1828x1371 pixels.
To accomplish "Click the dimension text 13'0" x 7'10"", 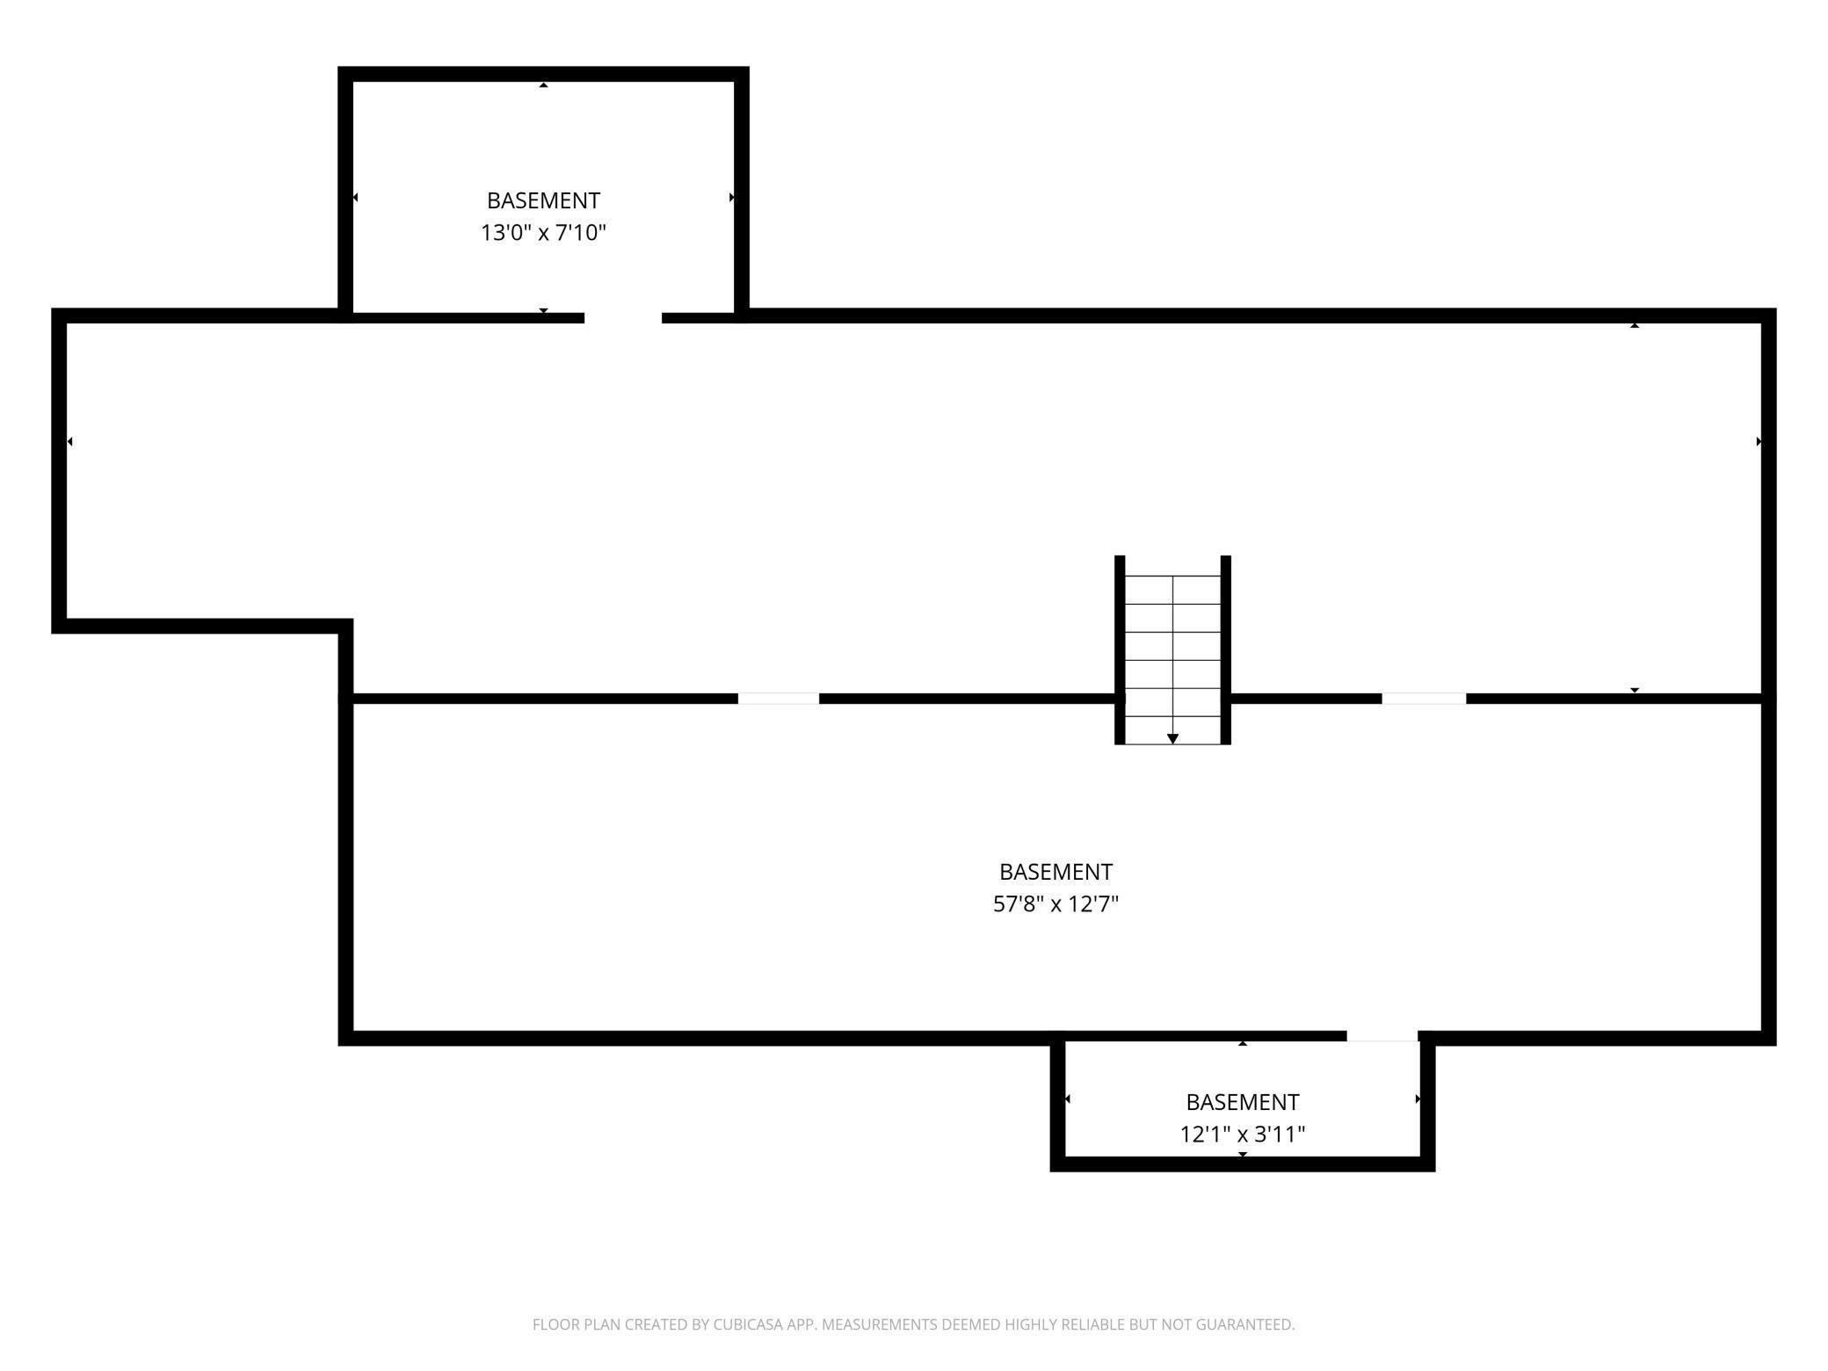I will coord(543,233).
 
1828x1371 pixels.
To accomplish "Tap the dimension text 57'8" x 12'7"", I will coord(1055,904).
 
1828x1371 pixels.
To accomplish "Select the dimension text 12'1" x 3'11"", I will coord(1242,1135).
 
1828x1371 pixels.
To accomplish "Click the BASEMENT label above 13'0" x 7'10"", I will coord(543,200).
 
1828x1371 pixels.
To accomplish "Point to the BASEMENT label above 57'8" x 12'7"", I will coord(1055,872).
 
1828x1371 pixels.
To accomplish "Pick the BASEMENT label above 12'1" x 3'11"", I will coord(1242,1102).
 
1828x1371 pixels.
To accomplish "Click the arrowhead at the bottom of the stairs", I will coord(1172,739).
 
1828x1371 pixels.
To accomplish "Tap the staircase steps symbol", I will coord(1172,650).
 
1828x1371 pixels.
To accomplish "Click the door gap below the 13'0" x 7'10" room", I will coord(622,317).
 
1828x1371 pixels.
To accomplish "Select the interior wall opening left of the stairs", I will coord(779,699).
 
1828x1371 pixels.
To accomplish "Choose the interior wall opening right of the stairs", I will coord(1424,699).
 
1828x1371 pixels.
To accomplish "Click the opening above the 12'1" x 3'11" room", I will coord(1382,1037).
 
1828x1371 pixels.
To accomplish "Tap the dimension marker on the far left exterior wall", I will coord(69,441).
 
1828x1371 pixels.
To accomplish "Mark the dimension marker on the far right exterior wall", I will coord(1759,441).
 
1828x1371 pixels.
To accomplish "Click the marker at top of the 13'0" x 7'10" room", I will coord(543,84).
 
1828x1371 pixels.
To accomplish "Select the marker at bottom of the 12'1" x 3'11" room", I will coord(1242,1154).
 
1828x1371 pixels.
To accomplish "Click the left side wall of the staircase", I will coord(1120,650).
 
